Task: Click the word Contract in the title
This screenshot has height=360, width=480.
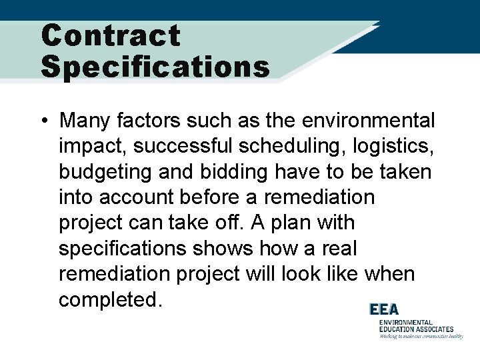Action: [111, 35]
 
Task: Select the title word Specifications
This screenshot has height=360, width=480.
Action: [155, 67]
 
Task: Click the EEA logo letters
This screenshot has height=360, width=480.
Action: [385, 310]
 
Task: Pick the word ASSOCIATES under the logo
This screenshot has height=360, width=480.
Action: [433, 329]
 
